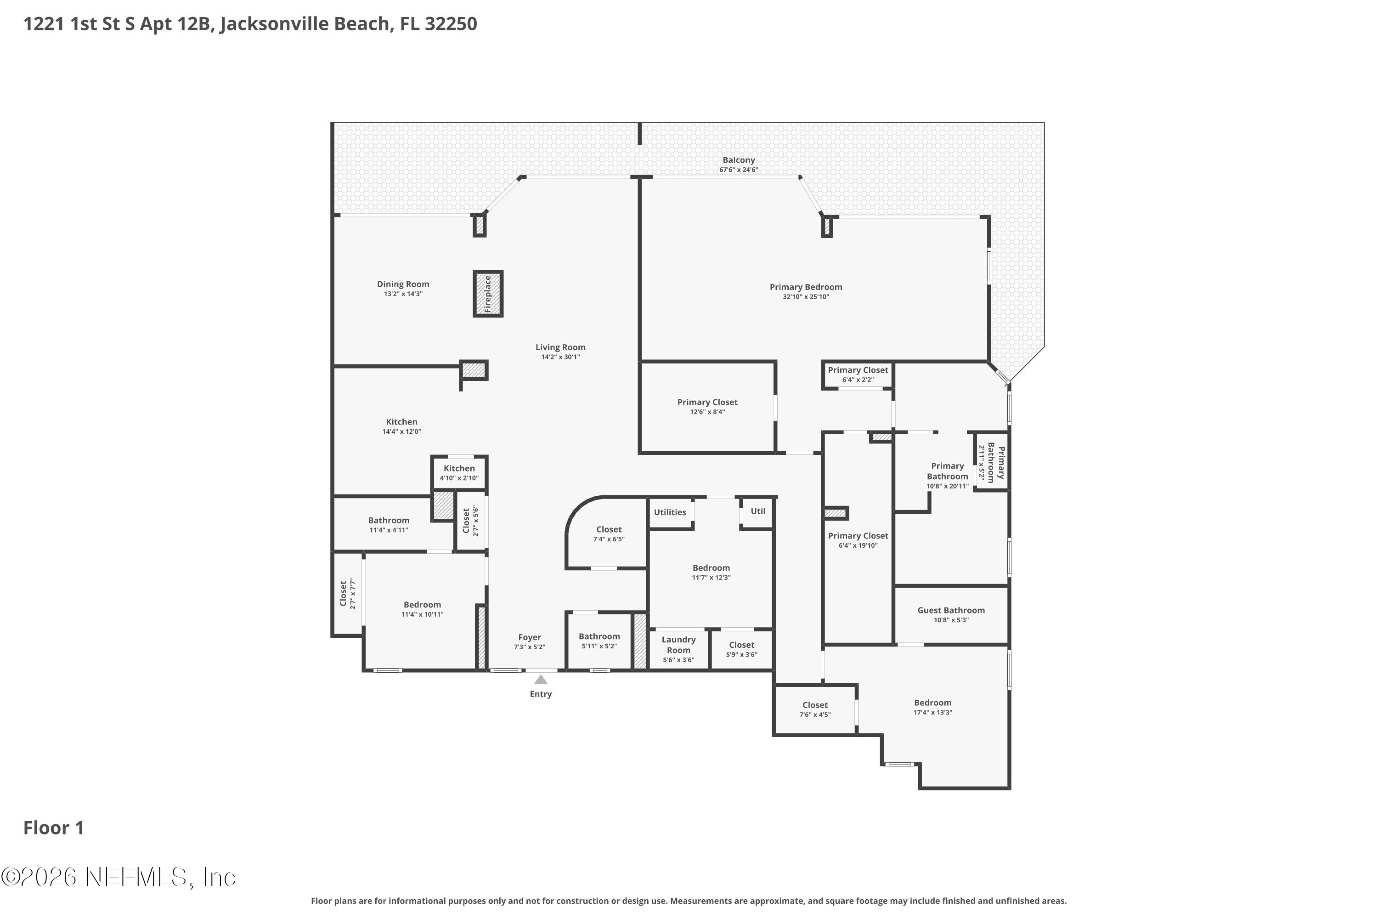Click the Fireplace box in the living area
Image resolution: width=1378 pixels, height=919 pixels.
click(487, 294)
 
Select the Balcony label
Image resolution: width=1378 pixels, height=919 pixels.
click(738, 160)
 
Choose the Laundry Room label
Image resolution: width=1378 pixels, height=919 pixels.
click(678, 645)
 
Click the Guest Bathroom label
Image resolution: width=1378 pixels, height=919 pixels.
click(950, 610)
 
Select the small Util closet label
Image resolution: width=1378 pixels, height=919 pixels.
click(757, 511)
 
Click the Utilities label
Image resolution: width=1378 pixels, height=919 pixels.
click(670, 512)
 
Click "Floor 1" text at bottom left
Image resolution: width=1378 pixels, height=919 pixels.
click(53, 828)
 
